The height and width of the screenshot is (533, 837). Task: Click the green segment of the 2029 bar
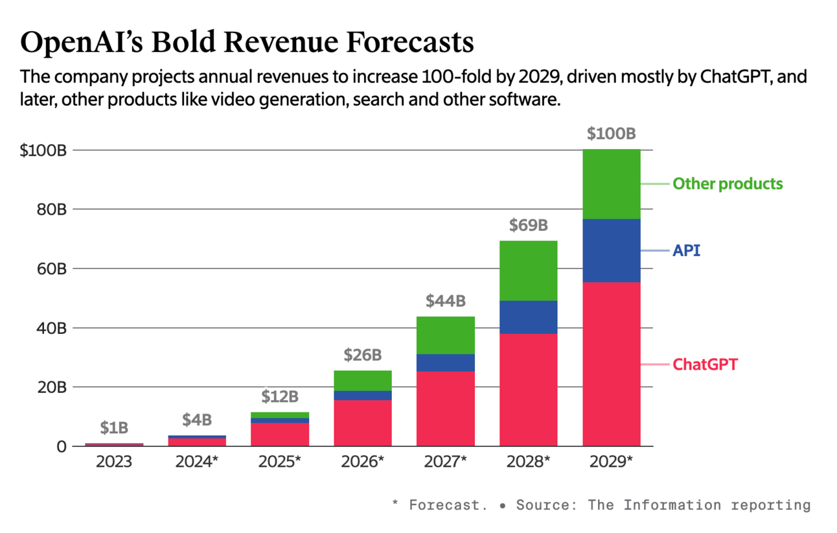click(612, 184)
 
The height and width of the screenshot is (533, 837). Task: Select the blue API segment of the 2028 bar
click(528, 317)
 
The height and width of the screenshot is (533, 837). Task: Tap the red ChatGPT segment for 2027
click(445, 409)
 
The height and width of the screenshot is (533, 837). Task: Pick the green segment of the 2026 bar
click(362, 381)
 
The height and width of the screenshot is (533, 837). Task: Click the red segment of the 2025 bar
click(279, 434)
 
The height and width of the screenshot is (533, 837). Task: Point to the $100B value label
click(611, 134)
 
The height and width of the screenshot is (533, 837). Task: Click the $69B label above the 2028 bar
click(528, 226)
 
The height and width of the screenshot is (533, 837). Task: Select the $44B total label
click(445, 301)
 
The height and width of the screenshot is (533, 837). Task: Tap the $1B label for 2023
click(114, 428)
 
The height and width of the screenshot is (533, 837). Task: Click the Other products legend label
click(728, 184)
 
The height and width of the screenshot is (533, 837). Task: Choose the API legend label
click(687, 250)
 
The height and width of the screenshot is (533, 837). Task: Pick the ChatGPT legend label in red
click(705, 364)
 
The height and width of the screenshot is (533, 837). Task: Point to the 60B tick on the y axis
click(52, 268)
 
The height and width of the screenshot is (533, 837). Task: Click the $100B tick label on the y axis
click(43, 150)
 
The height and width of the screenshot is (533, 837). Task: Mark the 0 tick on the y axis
click(61, 446)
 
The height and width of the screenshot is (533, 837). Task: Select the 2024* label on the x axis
click(196, 462)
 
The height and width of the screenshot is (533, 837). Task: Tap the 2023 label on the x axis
click(114, 462)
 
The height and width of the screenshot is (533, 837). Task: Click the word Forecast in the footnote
click(448, 505)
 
